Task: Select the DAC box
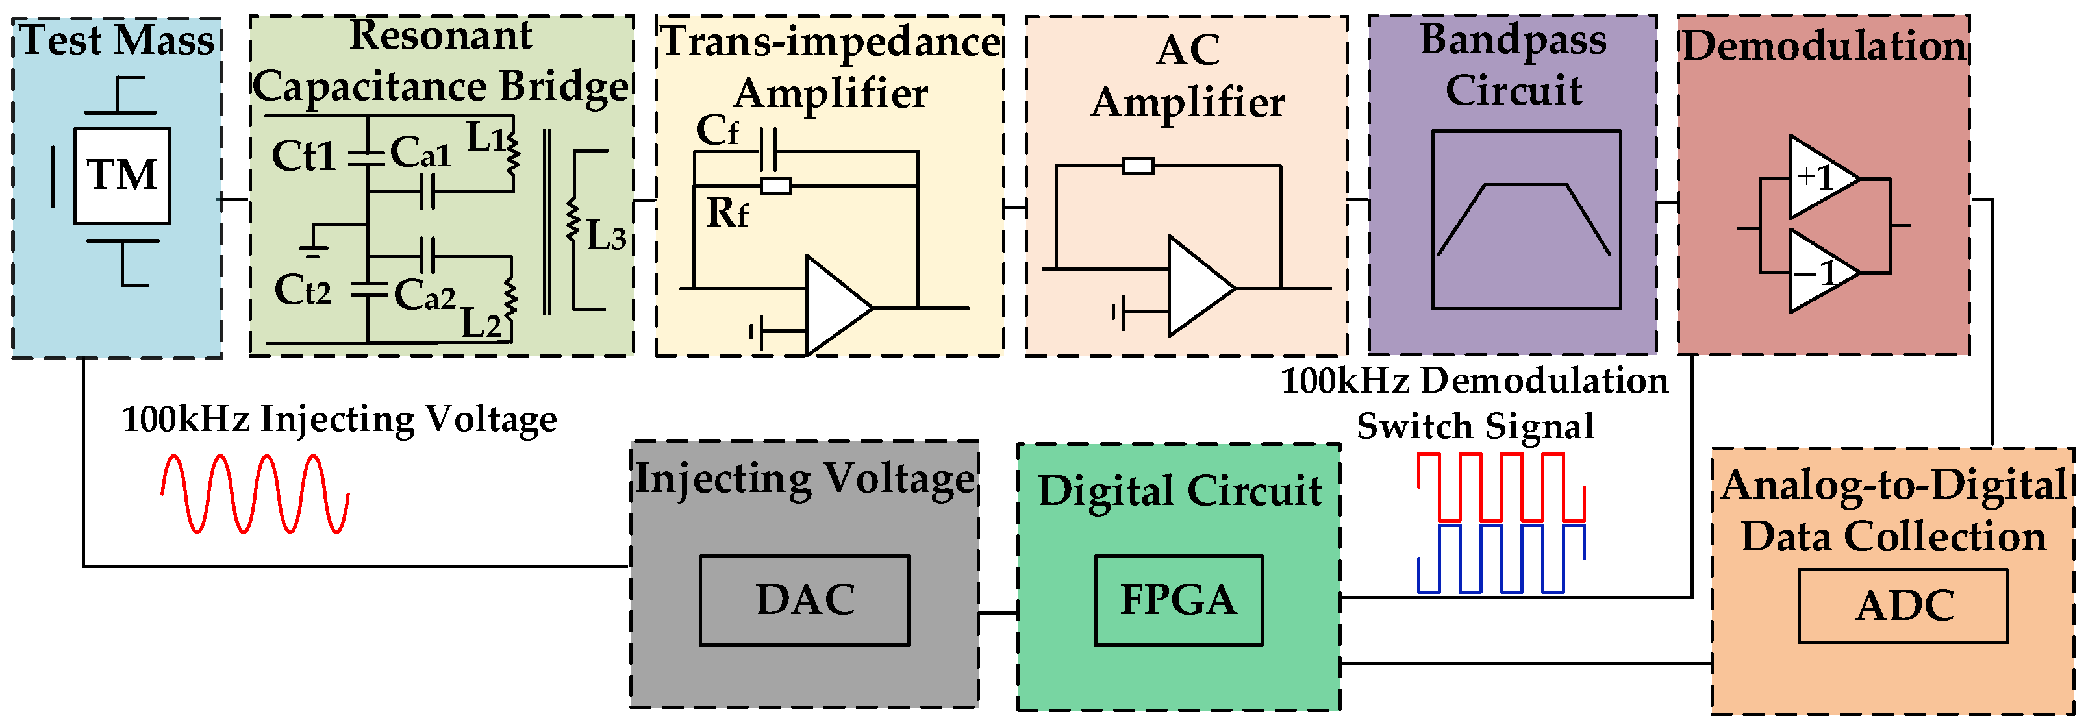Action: [804, 600]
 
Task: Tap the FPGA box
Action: [1178, 600]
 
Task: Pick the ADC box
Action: [1903, 606]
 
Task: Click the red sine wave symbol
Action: [255, 494]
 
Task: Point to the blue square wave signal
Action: [1500, 559]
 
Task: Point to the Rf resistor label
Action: [726, 213]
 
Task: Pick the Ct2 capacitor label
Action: [303, 290]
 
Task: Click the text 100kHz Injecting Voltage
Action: [338, 419]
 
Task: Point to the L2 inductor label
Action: [481, 324]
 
